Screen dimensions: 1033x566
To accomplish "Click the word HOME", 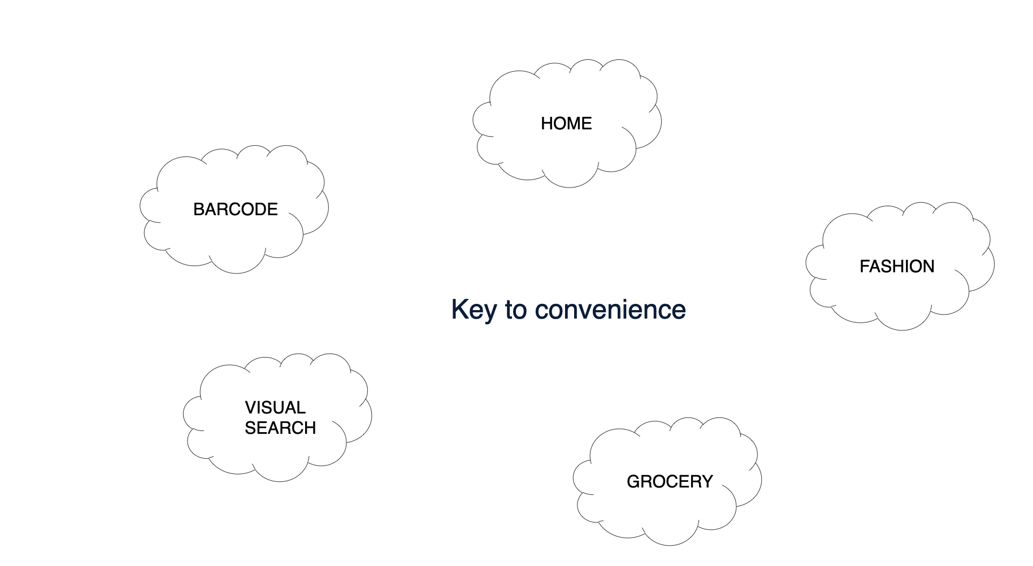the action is point(566,123).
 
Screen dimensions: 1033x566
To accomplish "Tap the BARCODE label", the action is point(235,209).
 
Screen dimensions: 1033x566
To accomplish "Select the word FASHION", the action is point(897,266).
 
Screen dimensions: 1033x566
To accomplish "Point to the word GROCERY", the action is point(670,481).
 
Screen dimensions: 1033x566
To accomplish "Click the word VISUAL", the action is point(275,407).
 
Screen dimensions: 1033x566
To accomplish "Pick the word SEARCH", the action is point(280,428).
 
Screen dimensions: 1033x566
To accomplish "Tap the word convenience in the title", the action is point(610,310).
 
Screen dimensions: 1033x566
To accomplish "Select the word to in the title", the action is point(516,310).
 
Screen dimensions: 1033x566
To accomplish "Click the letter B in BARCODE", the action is point(198,209).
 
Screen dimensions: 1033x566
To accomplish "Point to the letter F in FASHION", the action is point(864,266).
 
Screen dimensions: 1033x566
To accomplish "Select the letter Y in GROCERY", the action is point(708,481).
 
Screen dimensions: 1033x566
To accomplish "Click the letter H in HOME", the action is point(546,123).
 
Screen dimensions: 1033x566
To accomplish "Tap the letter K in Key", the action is point(458,310).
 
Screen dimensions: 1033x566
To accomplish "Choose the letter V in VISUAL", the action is point(250,407).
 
